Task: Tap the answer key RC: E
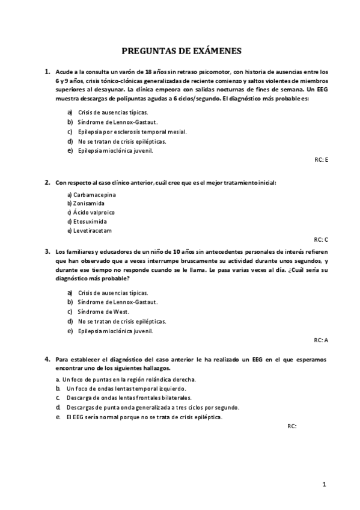coord(321,159)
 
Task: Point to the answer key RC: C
coord(321,239)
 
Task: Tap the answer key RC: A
coord(321,340)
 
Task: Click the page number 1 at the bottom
coord(324,484)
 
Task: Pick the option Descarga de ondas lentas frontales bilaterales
coord(129,398)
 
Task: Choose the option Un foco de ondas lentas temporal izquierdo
coord(126,389)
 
